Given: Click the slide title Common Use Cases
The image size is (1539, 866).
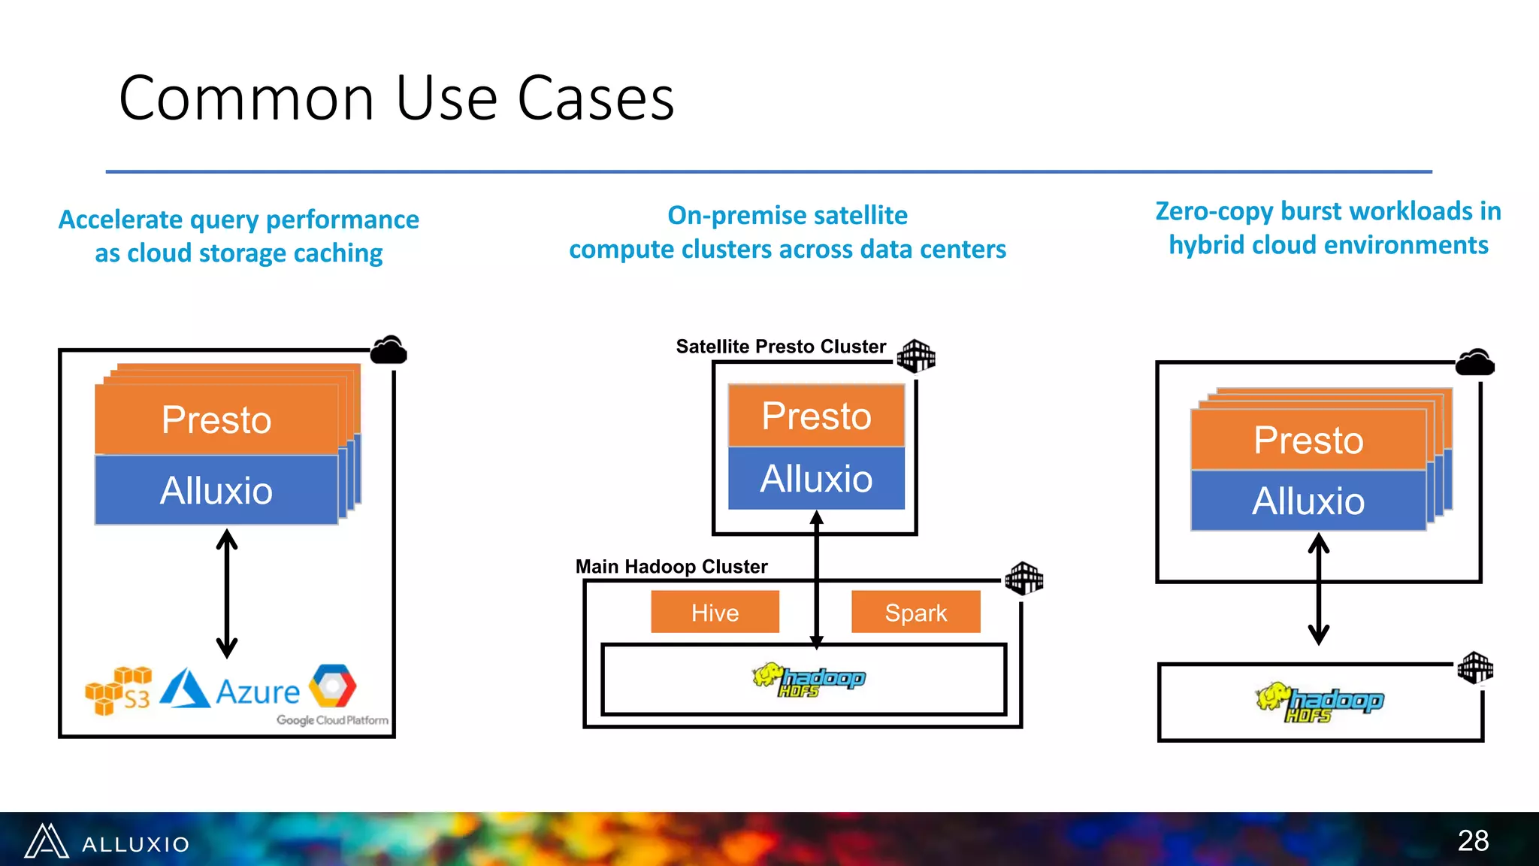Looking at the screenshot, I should [396, 98].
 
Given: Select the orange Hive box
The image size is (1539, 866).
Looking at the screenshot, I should [715, 612].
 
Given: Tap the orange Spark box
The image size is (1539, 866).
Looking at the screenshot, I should [915, 612].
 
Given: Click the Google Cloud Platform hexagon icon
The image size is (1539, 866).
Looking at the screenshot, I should [334, 685].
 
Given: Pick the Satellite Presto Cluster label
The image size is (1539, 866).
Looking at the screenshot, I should [780, 347].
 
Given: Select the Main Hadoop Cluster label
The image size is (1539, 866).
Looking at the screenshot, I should [671, 567].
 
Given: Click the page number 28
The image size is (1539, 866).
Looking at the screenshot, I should [1473, 840].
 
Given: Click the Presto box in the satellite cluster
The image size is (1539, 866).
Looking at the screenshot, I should [816, 416].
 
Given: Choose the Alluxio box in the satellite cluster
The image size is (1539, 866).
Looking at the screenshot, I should [816, 479].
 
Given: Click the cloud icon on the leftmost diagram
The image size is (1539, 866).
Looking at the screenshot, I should [389, 350].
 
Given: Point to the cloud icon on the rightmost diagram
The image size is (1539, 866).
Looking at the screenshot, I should [1474, 363].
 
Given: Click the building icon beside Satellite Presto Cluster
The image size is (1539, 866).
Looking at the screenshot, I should [916, 356].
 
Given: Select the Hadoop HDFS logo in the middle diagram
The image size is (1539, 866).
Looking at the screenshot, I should [809, 680].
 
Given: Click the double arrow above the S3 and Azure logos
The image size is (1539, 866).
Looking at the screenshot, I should [227, 594].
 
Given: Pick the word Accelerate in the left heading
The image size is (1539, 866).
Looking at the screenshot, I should [121, 220].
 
